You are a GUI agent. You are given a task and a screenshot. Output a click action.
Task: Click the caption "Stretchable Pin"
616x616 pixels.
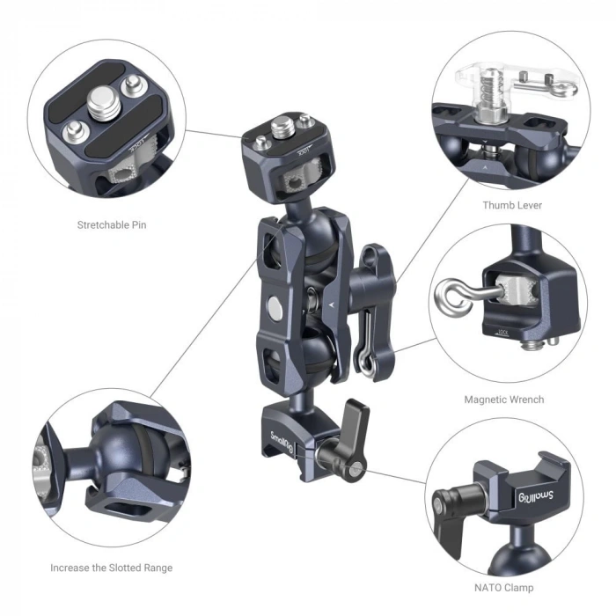point(111,224)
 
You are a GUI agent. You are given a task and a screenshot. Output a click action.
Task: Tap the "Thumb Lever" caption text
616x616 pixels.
point(511,205)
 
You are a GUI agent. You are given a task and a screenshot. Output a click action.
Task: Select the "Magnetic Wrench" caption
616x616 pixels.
point(503,399)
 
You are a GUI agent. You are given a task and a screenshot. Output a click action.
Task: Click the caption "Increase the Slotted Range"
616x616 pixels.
point(111,568)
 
